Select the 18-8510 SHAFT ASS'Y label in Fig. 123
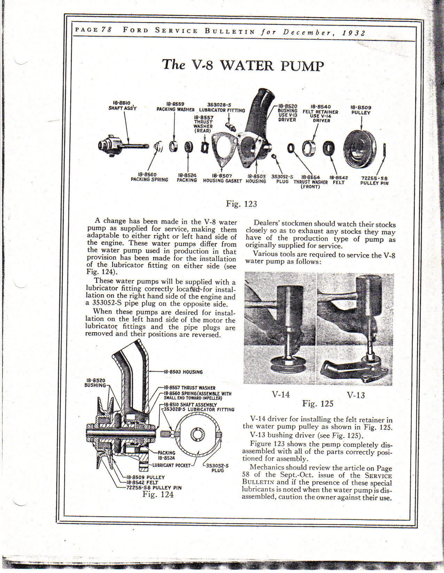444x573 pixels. coord(122,106)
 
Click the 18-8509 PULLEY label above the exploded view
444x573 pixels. coord(361,110)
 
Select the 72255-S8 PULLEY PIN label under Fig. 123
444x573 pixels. coord(374,180)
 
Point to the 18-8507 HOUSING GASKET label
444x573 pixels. coord(222,178)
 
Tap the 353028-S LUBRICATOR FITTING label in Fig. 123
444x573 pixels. coord(222,107)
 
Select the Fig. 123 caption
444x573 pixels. coord(241,204)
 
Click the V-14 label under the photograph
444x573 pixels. coord(281,394)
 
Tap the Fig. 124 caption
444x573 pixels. coord(158,494)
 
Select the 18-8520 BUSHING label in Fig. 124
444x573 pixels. coord(95,382)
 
